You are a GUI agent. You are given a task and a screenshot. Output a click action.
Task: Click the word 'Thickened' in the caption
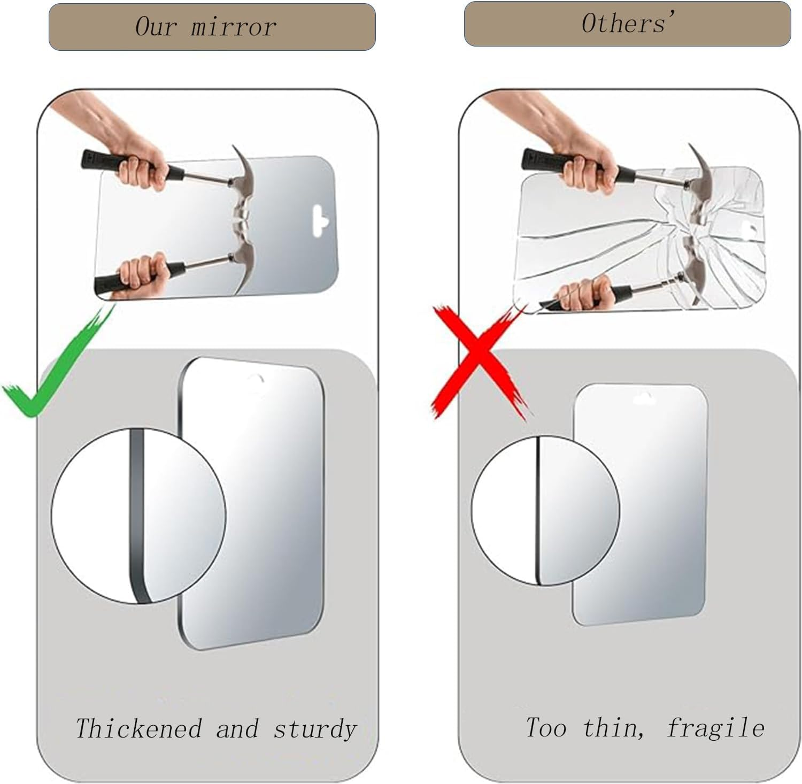pos(138,728)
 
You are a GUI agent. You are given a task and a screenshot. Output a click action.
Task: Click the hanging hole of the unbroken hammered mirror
pos(319,220)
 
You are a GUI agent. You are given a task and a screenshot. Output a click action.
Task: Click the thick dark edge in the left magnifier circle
pos(137,516)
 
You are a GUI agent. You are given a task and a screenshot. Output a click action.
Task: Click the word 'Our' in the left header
pos(155,27)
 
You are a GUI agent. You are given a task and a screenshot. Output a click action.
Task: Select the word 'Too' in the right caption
pos(546,728)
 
